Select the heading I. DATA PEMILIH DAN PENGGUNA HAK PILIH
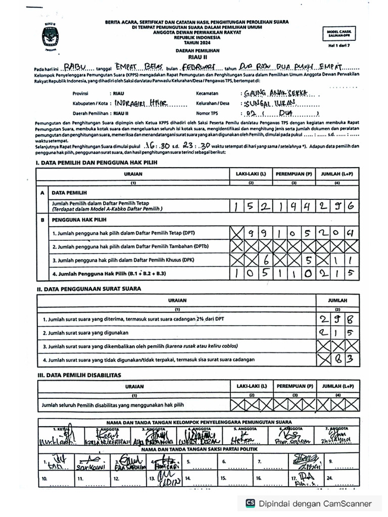96,163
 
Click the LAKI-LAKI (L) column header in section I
251,174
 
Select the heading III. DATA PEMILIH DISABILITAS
78,375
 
